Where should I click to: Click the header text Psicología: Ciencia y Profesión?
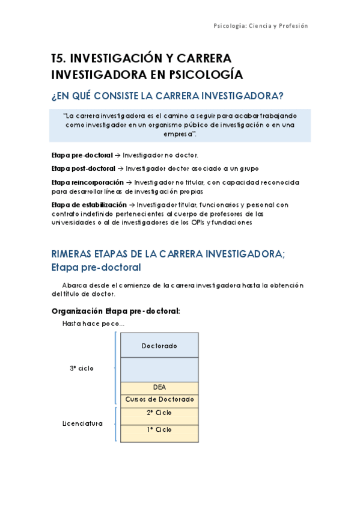pyautogui.click(x=261, y=26)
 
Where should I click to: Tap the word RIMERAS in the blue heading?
pyautogui.click(x=78, y=254)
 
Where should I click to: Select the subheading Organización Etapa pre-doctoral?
pyautogui.click(x=116, y=311)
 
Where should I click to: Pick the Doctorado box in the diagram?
pyautogui.click(x=159, y=346)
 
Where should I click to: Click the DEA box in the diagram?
pyautogui.click(x=159, y=387)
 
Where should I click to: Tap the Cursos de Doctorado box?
pyautogui.click(x=159, y=399)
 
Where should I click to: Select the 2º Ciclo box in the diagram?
pyautogui.click(x=159, y=413)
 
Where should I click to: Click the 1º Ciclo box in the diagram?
pyautogui.click(x=159, y=429)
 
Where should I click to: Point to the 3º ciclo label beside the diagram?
pyautogui.click(x=82, y=368)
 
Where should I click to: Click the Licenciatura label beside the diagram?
pyautogui.click(x=82, y=423)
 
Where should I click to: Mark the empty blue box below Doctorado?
pyautogui.click(x=159, y=369)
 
